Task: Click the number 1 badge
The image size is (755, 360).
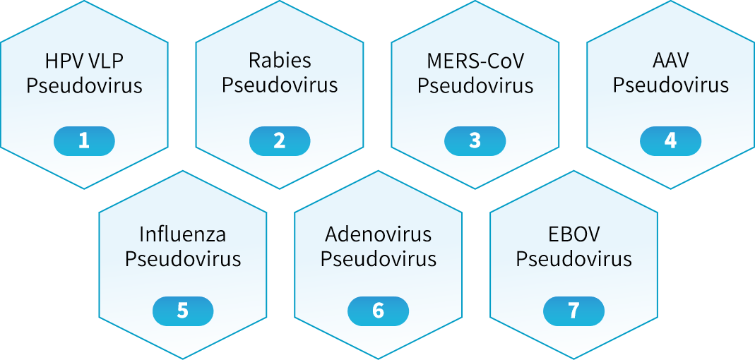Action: tap(84, 141)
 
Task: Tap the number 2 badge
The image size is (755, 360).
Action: tap(280, 141)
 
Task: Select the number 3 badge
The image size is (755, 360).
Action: tap(475, 141)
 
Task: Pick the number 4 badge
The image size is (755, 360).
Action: tap(671, 141)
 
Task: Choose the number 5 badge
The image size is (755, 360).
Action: tap(183, 311)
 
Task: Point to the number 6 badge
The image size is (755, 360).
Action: tap(378, 311)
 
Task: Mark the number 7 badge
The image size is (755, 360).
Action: tap(573, 311)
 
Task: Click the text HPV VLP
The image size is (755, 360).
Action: tap(84, 61)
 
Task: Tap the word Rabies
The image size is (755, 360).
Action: tap(280, 61)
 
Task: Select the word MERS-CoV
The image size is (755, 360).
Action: tap(475, 61)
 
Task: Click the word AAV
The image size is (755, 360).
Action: tap(671, 61)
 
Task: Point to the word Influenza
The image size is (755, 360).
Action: tap(183, 234)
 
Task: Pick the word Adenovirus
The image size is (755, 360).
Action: tap(378, 234)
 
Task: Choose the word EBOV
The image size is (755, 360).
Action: tap(573, 234)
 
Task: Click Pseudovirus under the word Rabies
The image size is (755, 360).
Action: tap(280, 85)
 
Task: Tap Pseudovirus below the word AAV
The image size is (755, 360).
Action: tap(671, 85)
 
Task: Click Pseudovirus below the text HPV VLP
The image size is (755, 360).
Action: tap(84, 85)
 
